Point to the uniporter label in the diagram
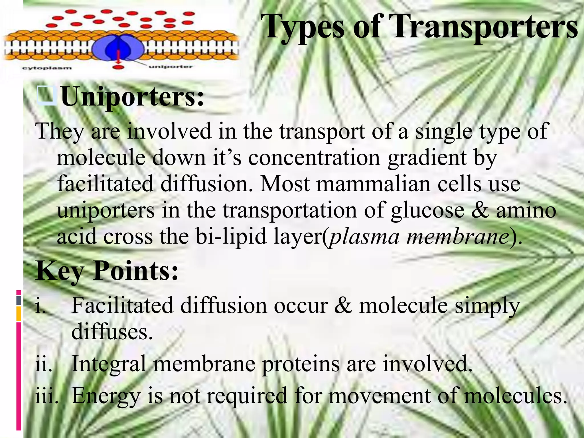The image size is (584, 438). click(171, 67)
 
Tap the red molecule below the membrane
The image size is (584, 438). click(118, 68)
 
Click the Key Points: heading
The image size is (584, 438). click(107, 271)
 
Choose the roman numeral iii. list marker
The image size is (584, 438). click(46, 396)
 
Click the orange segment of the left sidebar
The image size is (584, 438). click(19, 314)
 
